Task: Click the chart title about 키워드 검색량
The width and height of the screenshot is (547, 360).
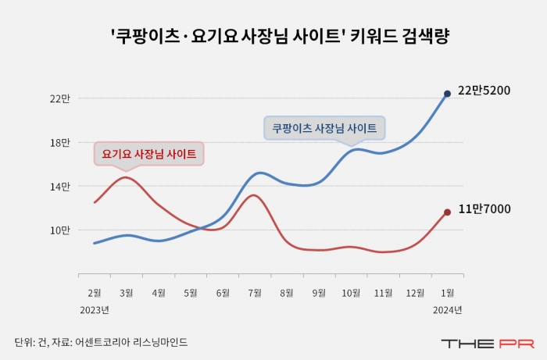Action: pos(273,37)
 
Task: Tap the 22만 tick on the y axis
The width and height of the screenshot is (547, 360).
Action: pos(60,98)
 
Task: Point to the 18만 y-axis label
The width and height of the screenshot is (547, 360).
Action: pos(60,143)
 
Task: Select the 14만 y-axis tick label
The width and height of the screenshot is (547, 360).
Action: pos(60,187)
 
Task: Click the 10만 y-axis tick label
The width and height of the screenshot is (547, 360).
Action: pos(60,230)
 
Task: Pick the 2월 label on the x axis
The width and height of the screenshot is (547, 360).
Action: pos(94,293)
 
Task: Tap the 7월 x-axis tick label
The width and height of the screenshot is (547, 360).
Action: pos(255,293)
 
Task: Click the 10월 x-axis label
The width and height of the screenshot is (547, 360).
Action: pos(351,293)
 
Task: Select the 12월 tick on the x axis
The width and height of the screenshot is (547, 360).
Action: pos(415,293)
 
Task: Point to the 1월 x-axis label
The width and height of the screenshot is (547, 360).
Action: pos(448,293)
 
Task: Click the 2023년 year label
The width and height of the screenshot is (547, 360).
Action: pos(94,309)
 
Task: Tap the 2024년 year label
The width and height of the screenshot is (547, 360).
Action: pos(448,309)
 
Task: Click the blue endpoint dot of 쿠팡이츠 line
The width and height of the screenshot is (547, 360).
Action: pos(447,94)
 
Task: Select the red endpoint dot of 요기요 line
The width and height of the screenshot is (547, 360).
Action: pos(447,212)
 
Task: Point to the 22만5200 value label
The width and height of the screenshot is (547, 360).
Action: pos(484,91)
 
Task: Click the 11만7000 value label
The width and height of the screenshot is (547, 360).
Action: pos(484,209)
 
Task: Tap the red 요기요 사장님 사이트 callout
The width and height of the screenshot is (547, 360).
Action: pos(148,153)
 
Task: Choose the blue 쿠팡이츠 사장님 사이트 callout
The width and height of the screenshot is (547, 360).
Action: pos(324,128)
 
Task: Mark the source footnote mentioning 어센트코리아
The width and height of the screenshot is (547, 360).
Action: pos(101,342)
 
